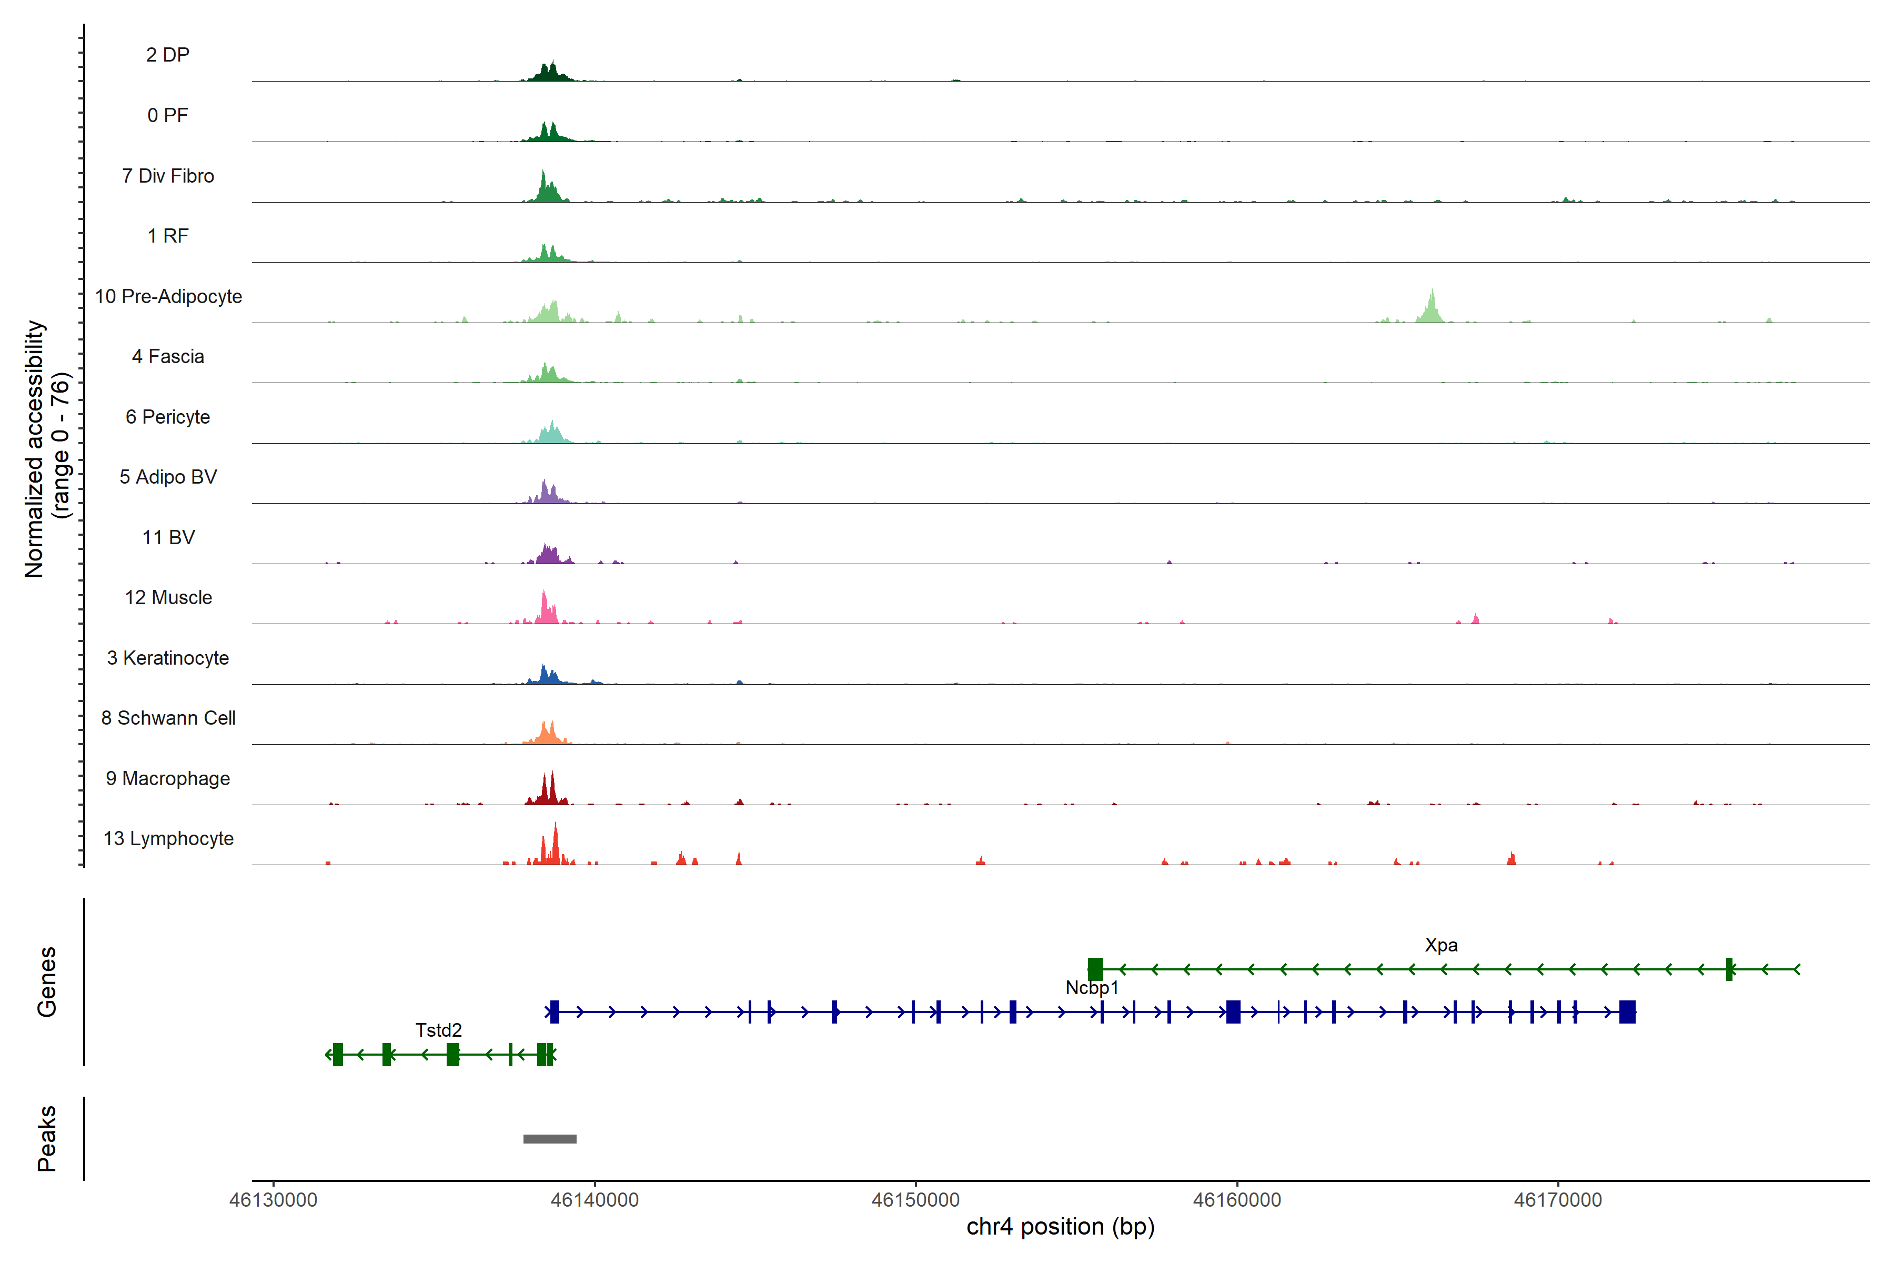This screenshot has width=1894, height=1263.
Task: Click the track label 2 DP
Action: pyautogui.click(x=167, y=55)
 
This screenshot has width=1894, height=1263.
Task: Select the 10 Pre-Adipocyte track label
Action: pyautogui.click(x=168, y=296)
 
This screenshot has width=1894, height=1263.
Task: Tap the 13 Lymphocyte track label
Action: pyautogui.click(x=168, y=838)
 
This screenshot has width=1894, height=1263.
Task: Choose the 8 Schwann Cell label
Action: pyautogui.click(x=168, y=718)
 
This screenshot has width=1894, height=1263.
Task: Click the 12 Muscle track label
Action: pyautogui.click(x=168, y=598)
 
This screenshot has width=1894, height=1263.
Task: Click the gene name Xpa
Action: pyautogui.click(x=1440, y=945)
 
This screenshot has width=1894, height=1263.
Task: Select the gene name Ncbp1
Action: pyautogui.click(x=1092, y=988)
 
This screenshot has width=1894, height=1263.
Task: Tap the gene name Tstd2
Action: pyautogui.click(x=439, y=1030)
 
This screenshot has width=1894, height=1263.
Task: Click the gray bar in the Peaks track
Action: pyautogui.click(x=550, y=1139)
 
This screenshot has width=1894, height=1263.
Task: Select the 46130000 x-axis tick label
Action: pyautogui.click(x=273, y=1200)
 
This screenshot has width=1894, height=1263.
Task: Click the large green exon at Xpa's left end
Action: pyautogui.click(x=1095, y=969)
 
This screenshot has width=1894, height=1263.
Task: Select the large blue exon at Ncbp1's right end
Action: pyautogui.click(x=1627, y=1011)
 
